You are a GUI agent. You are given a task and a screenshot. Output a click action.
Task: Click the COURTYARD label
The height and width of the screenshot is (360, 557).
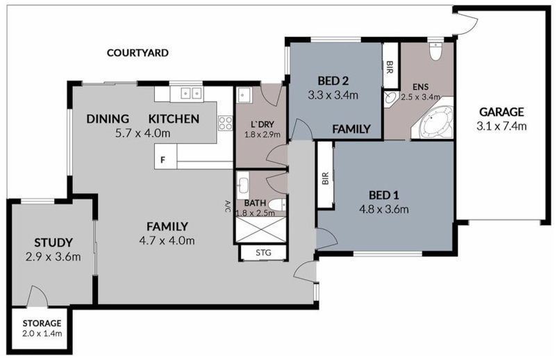pos(138,53)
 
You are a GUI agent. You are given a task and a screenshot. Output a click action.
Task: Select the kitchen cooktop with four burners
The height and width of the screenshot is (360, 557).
pos(226,124)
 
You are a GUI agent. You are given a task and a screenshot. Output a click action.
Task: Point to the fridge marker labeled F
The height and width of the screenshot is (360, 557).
pos(163,161)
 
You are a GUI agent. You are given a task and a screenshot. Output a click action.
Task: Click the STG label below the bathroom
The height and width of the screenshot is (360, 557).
pos(263,252)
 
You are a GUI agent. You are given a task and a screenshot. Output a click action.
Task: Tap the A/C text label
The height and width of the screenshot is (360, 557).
pos(227,206)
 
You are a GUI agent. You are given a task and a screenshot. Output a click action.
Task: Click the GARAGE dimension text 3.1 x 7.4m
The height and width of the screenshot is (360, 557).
pos(501,126)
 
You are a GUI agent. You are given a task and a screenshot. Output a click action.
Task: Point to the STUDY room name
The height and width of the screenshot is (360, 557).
pos(53,243)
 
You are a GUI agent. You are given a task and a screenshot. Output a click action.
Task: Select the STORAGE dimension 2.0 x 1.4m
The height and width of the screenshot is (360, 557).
pos(41,334)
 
